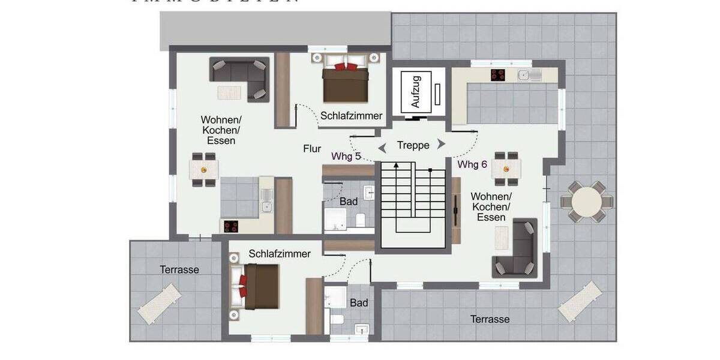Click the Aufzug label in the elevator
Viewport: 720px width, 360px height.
click(416, 91)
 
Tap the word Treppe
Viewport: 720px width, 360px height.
click(413, 145)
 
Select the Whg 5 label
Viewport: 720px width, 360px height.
click(346, 156)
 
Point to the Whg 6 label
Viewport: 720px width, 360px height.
click(472, 164)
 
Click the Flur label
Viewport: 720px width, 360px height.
click(312, 149)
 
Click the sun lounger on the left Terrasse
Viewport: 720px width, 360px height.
click(160, 304)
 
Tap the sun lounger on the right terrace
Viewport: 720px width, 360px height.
click(580, 301)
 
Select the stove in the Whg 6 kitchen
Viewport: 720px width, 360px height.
click(497, 75)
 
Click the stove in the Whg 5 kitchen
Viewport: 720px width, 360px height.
click(231, 226)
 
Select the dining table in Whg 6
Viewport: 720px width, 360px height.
click(505, 169)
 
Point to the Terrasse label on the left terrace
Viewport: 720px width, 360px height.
click(179, 270)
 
